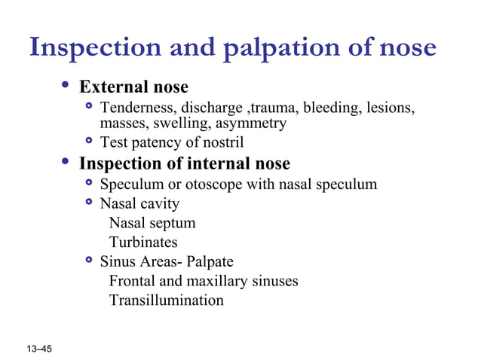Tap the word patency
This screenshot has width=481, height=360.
(156, 142)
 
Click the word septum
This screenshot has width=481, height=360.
(173, 223)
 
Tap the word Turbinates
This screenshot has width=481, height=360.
(143, 242)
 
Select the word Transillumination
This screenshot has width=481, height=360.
(166, 301)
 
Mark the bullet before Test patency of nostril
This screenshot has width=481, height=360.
(90, 141)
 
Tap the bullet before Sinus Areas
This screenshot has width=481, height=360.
(90, 260)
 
